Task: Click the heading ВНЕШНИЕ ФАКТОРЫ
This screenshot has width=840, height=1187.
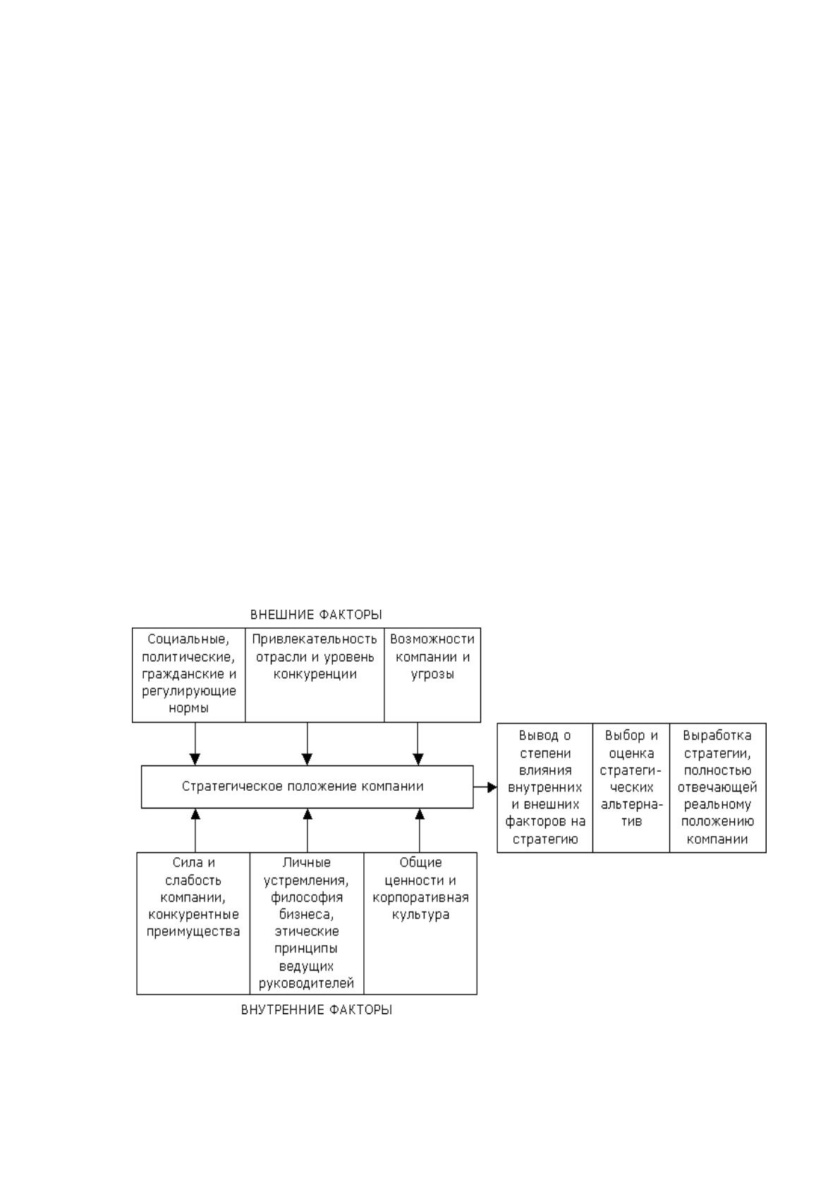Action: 315,615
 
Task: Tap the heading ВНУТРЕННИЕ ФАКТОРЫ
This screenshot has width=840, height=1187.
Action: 317,1009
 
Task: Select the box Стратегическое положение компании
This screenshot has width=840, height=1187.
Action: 307,787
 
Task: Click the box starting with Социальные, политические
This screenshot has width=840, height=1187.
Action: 189,675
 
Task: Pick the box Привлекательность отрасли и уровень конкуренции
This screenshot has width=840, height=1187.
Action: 315,675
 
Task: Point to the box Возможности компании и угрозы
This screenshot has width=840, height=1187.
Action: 432,675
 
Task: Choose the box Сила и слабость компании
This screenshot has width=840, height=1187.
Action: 193,923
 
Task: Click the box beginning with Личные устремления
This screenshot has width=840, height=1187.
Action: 307,923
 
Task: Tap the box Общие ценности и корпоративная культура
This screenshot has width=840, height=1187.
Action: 420,923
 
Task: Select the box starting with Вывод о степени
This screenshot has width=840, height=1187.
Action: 544,787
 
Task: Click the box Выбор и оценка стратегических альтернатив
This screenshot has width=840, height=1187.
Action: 631,787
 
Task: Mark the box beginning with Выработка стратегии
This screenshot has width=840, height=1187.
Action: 717,787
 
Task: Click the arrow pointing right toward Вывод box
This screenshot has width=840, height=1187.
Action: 485,787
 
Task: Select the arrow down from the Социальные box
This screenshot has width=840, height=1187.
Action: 195,744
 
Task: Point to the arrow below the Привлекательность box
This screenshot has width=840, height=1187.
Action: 307,744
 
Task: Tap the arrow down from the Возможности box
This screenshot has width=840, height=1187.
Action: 418,744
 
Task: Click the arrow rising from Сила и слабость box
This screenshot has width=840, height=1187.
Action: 195,830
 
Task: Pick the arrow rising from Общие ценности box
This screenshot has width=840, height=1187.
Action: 420,830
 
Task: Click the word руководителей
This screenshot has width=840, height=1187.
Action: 307,983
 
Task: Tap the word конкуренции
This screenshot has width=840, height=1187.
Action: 315,674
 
